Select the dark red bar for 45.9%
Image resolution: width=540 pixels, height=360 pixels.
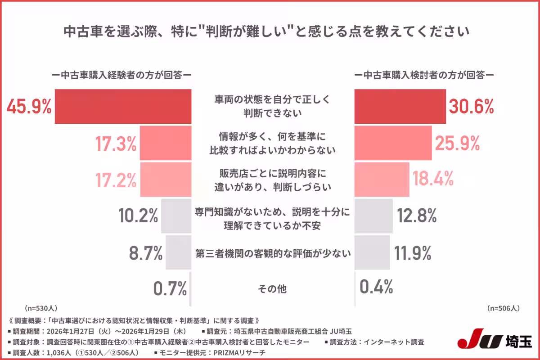click(x=123, y=106)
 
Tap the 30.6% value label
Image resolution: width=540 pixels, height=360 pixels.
click(x=472, y=106)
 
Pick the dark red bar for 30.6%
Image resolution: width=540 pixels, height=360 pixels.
click(x=400, y=106)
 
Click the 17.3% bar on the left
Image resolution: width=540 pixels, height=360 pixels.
click(x=166, y=143)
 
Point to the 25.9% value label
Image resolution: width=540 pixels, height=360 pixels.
click(x=457, y=143)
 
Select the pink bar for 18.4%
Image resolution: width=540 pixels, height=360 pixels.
click(x=382, y=180)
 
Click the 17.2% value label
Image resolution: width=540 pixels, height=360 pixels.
click(x=115, y=180)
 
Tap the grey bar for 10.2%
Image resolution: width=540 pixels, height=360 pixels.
click(x=176, y=216)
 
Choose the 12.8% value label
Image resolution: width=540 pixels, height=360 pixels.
click(x=417, y=216)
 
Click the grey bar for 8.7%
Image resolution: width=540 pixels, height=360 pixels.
click(x=178, y=252)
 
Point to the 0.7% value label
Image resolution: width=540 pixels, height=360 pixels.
click(x=170, y=288)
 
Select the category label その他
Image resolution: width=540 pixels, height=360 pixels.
click(x=272, y=289)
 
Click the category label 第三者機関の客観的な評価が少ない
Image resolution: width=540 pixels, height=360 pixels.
click(x=273, y=253)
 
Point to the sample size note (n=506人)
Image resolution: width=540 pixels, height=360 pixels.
click(x=504, y=308)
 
